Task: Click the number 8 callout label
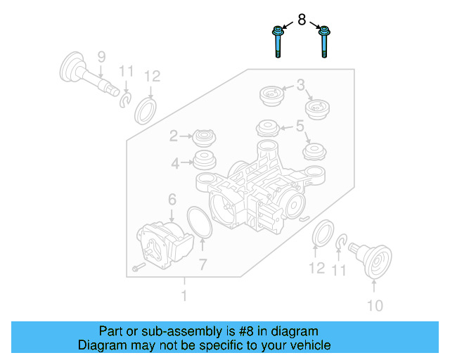tap(302, 20)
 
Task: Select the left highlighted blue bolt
tap(278, 41)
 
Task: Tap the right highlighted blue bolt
tap(325, 41)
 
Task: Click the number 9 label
tap(101, 56)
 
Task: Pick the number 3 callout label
tap(300, 86)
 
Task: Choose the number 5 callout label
tap(300, 127)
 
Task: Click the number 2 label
tap(173, 136)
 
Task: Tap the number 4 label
tap(174, 164)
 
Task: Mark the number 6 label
tap(172, 200)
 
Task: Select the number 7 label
tap(202, 264)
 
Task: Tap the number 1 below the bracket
tap(184, 296)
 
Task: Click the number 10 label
tap(375, 305)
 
